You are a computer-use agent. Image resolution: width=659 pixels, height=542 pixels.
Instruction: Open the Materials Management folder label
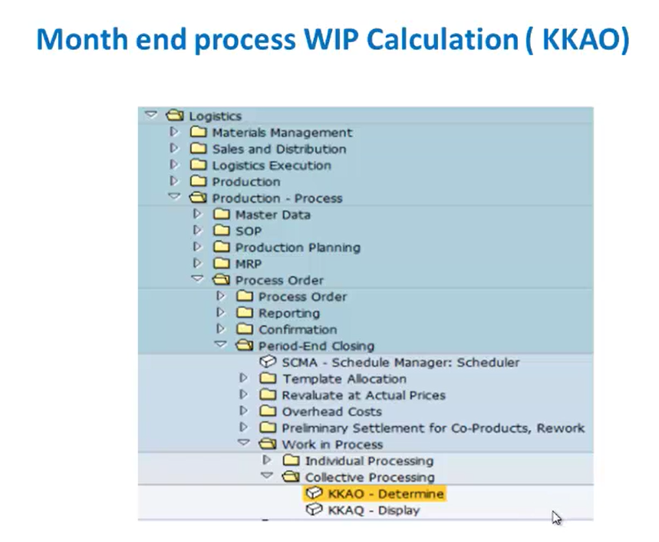(282, 133)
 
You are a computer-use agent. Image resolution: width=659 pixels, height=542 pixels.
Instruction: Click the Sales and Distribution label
(279, 149)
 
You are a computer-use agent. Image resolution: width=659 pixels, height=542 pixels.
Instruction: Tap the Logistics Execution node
(272, 166)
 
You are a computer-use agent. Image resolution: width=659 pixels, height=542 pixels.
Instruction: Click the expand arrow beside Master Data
(197, 214)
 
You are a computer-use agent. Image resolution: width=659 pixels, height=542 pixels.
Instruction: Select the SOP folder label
(249, 231)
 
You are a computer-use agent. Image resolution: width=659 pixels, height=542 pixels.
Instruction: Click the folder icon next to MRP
(222, 264)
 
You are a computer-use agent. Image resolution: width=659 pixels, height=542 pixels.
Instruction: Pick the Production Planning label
(298, 248)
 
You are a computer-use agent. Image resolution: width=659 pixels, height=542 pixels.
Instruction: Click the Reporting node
(289, 314)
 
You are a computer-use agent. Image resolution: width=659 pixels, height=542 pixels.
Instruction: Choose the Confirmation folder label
(298, 330)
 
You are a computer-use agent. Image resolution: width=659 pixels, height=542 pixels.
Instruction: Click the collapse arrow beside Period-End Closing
(220, 344)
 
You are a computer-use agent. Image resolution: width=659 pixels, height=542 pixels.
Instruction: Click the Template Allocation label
(344, 379)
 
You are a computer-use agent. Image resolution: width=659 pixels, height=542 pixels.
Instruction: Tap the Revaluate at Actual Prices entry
(364, 396)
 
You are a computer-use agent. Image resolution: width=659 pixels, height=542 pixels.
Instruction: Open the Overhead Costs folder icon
(268, 411)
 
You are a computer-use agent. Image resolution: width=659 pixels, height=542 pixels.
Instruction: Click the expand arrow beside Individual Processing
(266, 460)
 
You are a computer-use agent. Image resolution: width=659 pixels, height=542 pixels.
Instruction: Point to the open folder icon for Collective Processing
(291, 477)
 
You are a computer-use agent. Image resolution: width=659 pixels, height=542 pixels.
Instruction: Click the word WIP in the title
(331, 39)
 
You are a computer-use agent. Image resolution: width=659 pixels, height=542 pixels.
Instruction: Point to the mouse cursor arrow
(556, 517)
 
